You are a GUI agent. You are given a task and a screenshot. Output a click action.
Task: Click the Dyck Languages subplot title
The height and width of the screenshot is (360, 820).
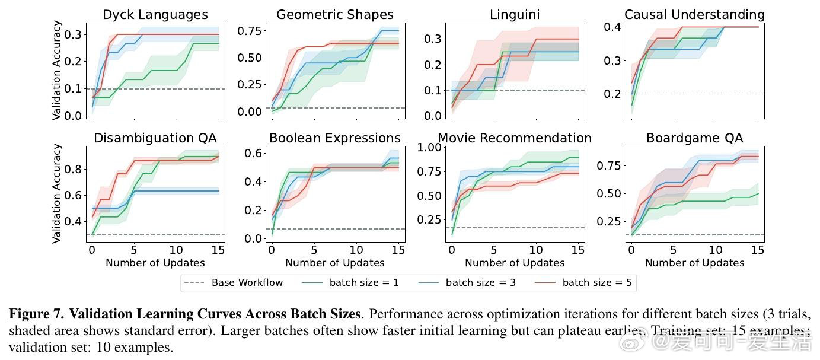(x=155, y=15)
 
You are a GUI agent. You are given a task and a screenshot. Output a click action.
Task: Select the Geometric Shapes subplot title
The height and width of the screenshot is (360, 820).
(x=335, y=15)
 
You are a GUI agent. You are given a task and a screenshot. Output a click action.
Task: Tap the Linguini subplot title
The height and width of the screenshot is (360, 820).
(x=515, y=15)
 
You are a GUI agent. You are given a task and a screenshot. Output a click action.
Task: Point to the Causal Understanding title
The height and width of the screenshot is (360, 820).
(x=694, y=14)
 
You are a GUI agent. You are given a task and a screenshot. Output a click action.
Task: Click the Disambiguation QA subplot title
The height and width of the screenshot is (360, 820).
(x=155, y=138)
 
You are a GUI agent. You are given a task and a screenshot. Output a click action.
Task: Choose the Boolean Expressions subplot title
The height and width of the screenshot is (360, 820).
(x=335, y=138)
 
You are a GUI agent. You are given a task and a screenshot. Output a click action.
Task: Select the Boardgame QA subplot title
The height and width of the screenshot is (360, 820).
(x=694, y=138)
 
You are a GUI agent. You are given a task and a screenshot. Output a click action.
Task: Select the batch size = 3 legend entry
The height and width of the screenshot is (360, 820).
(x=481, y=282)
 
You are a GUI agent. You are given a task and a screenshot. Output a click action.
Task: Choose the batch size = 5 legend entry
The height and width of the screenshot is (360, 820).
(x=597, y=282)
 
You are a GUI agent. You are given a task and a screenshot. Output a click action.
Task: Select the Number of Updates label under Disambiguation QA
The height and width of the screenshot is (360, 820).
(x=155, y=263)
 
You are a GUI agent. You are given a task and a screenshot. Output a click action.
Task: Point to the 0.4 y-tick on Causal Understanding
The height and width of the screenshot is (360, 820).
(x=612, y=27)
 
